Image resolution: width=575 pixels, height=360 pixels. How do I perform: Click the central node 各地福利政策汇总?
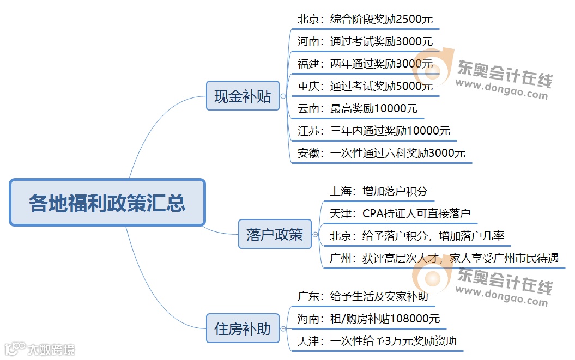107,203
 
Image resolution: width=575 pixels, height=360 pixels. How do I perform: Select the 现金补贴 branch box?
243,96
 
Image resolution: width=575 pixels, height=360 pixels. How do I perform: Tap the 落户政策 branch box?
275,234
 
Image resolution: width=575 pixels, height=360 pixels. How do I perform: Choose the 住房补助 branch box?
243,328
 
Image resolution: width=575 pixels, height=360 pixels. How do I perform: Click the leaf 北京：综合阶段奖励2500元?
365,19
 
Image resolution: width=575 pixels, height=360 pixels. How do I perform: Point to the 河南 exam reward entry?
365,41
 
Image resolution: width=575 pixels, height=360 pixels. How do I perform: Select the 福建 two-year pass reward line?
365,64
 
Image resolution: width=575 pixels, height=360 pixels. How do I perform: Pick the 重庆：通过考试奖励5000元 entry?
365,86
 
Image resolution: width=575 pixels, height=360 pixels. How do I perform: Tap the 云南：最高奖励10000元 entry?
358,108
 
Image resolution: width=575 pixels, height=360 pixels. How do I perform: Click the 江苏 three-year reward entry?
374,131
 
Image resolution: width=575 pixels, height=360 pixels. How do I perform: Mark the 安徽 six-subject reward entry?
382,153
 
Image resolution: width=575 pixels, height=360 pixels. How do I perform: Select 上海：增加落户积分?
379,191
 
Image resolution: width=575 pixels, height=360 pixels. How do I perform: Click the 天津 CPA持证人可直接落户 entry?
400,213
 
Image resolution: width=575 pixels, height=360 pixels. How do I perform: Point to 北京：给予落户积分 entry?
417,236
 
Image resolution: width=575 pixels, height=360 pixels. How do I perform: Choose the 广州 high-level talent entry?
444,258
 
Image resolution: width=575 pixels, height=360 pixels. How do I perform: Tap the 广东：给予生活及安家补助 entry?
362,296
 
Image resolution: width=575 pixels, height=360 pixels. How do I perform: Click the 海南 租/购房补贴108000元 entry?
368,319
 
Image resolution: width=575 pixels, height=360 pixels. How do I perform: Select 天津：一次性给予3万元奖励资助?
377,341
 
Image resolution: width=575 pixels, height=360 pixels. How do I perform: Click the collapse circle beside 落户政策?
315,235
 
